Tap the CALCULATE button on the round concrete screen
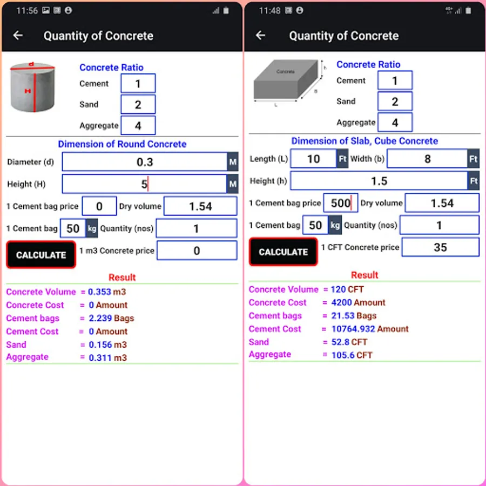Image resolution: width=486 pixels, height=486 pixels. tap(41, 254)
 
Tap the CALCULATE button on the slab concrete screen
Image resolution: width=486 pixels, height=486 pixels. tap(283, 252)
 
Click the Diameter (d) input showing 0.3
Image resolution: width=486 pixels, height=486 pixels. tap(144, 162)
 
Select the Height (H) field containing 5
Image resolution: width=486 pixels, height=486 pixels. tap(144, 184)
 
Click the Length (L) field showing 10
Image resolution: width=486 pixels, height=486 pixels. tap(313, 159)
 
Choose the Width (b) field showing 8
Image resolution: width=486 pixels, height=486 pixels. tap(428, 159)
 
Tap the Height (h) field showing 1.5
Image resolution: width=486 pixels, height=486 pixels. tap(379, 181)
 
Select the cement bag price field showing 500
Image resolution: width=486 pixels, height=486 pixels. tap(341, 203)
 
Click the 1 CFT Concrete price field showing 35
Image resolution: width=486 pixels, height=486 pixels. tap(441, 247)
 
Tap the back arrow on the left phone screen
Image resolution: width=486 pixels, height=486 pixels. tap(18, 35)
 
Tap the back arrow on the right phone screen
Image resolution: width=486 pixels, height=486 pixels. tap(260, 35)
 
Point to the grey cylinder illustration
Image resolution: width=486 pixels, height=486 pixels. tap(32, 87)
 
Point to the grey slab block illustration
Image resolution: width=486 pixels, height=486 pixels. tap(286, 80)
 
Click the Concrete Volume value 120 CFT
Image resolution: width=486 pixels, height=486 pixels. tap(347, 289)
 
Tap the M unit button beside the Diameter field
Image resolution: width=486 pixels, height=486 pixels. tap(233, 162)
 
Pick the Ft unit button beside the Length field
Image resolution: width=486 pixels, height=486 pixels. tap(342, 159)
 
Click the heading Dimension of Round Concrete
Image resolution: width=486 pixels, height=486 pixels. tap(122, 144)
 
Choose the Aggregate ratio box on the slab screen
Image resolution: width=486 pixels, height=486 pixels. tap(395, 123)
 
